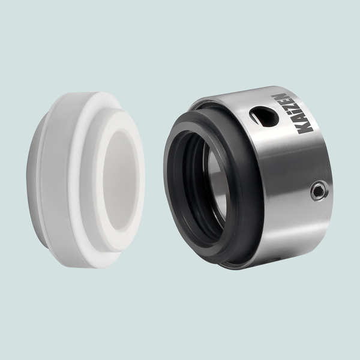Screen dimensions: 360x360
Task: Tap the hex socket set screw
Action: click(319, 190)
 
